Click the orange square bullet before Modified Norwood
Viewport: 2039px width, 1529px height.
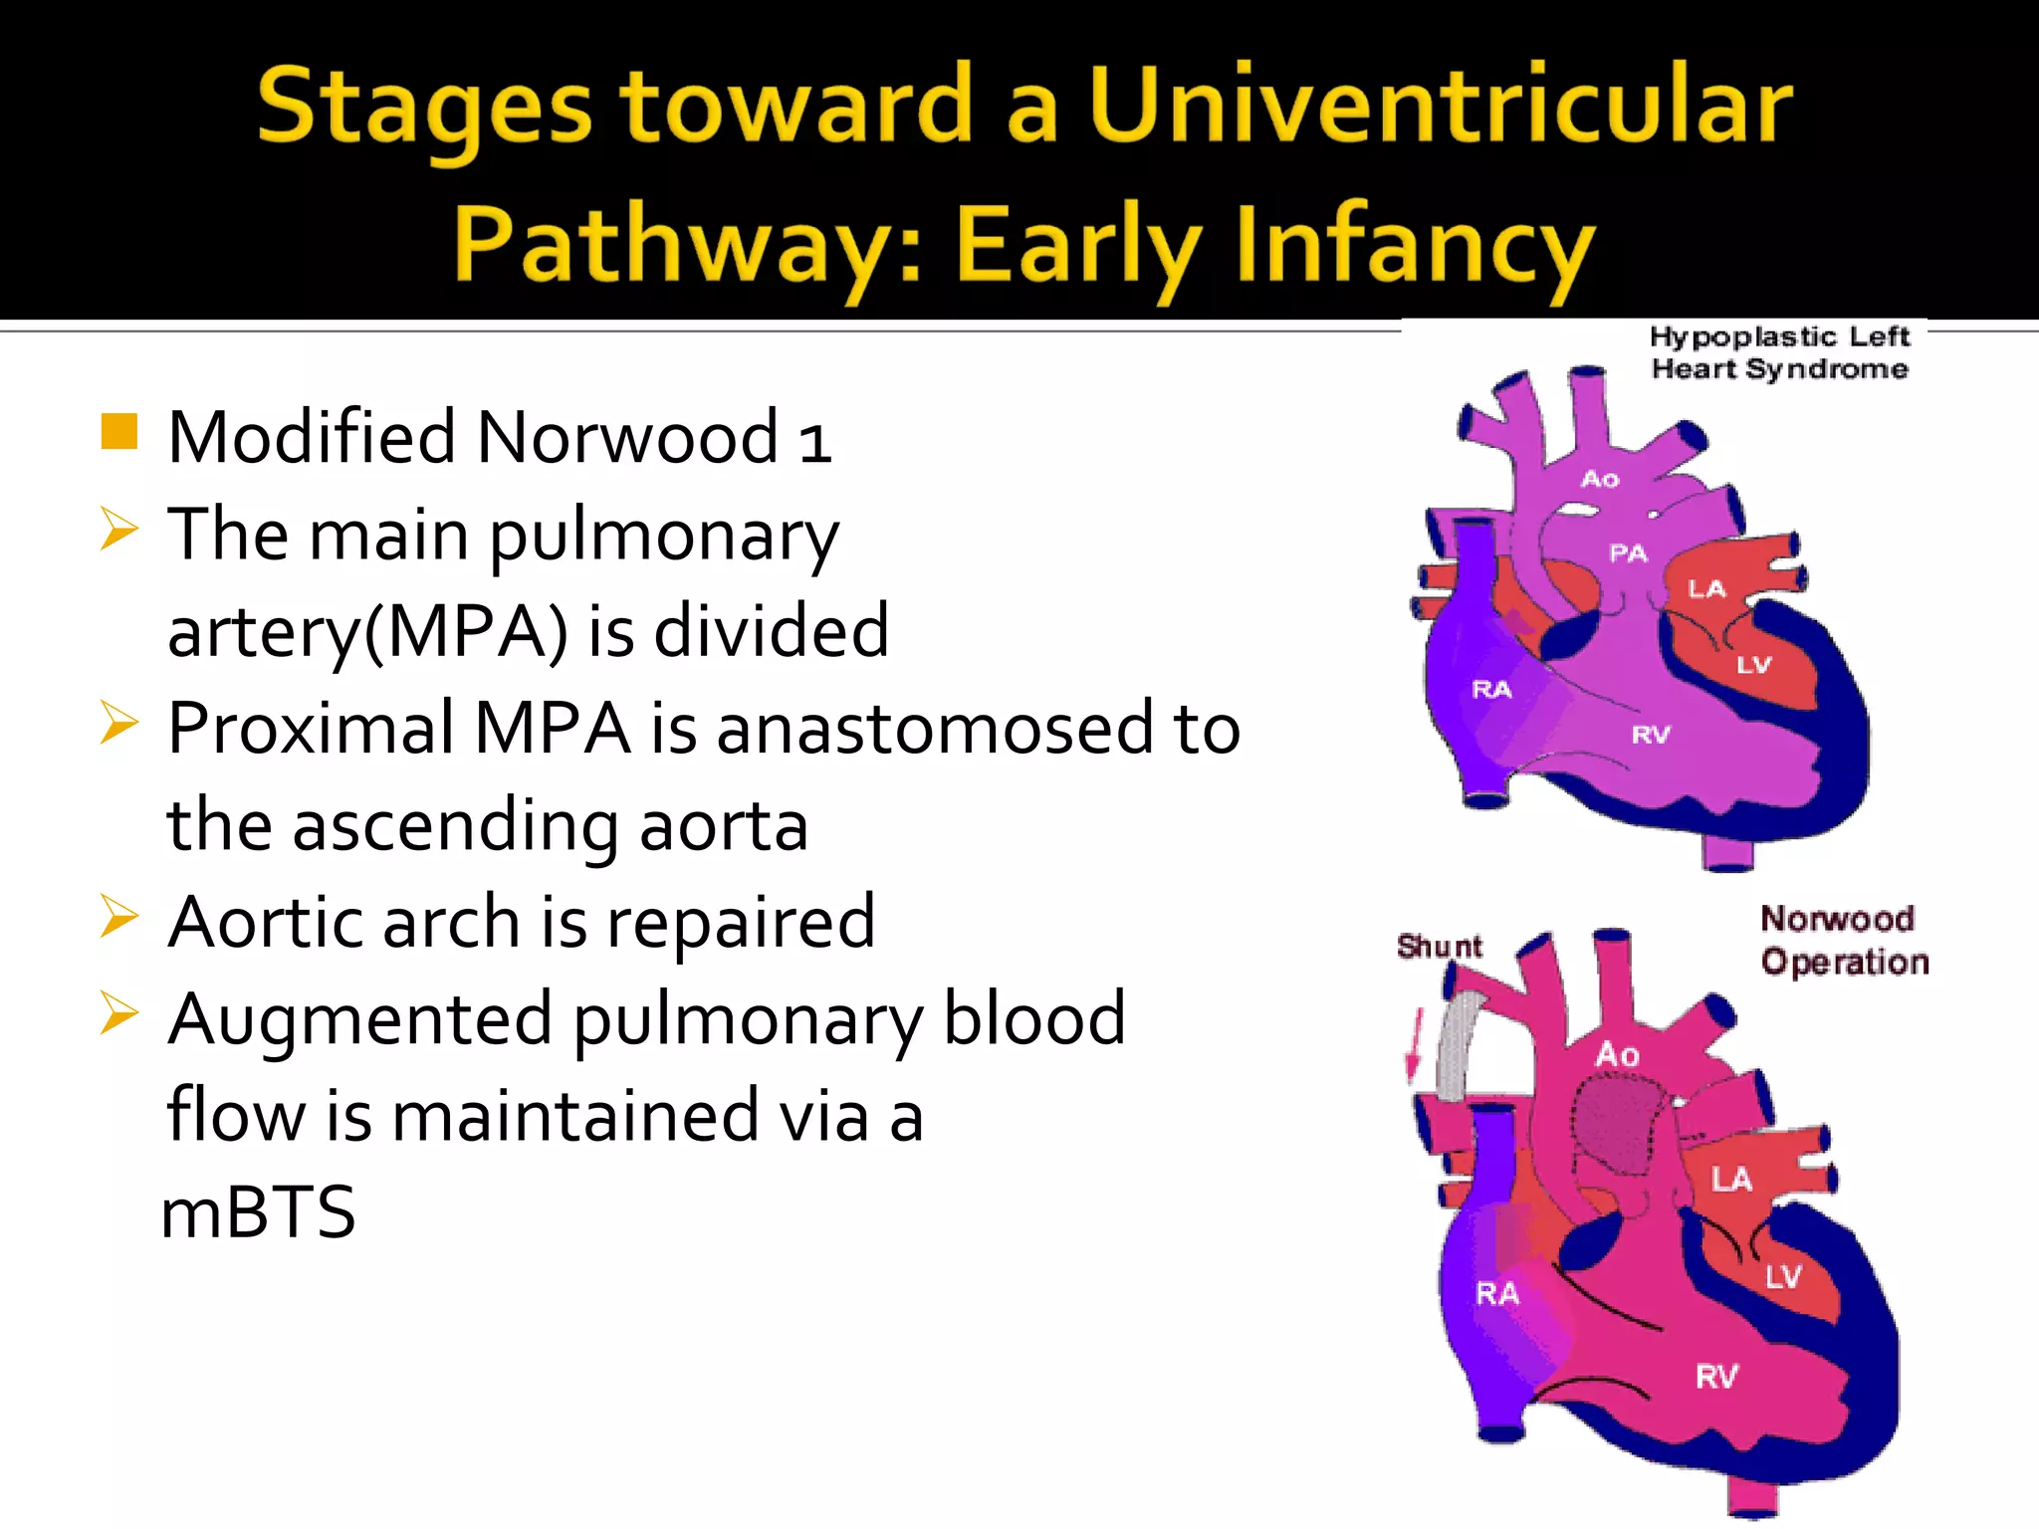(x=118, y=431)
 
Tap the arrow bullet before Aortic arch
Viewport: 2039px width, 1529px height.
(x=118, y=916)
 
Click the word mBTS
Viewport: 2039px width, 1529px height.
(x=258, y=1211)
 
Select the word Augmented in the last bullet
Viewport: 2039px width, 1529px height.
(x=359, y=1019)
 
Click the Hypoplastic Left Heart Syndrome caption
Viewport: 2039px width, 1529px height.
(x=1779, y=352)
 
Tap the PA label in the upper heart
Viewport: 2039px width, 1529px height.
(x=1629, y=552)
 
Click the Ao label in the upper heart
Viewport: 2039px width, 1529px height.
(x=1600, y=479)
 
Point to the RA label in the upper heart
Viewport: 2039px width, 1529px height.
(x=1491, y=689)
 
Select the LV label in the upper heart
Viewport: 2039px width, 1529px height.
(x=1753, y=665)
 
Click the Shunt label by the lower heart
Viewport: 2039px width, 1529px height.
(x=1439, y=946)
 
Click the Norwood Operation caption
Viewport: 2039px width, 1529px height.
(x=1843, y=940)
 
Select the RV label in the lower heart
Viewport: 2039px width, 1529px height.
(x=1716, y=1377)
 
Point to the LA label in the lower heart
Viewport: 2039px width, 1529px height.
(x=1731, y=1180)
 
